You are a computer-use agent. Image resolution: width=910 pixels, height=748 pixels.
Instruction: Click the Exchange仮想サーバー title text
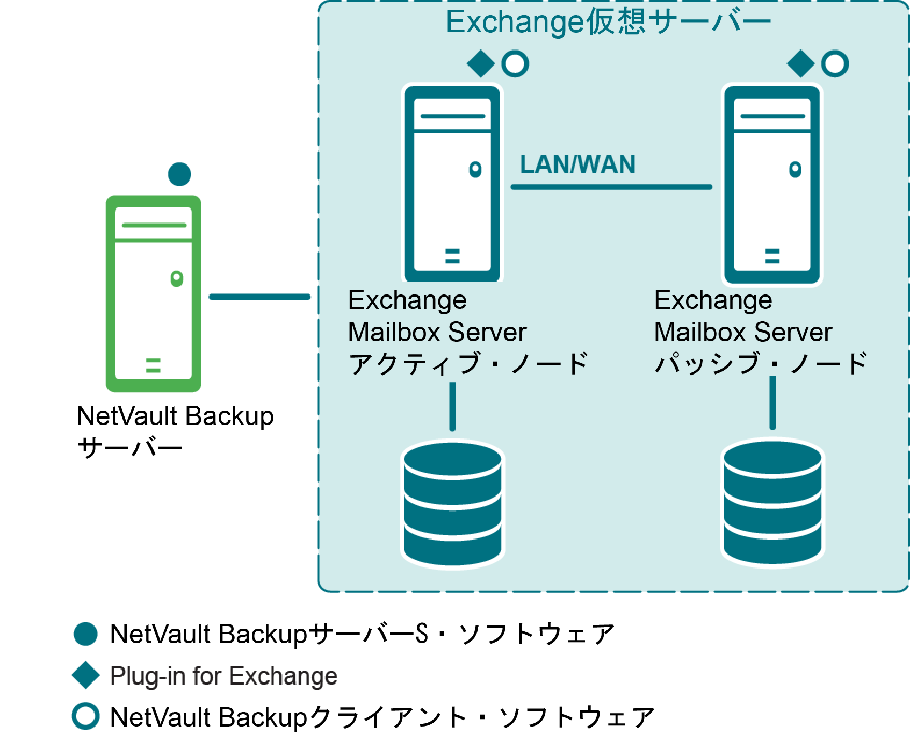pos(608,23)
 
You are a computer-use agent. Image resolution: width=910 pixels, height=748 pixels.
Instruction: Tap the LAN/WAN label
pos(577,164)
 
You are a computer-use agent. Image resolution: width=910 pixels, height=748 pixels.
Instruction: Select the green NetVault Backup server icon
pos(154,293)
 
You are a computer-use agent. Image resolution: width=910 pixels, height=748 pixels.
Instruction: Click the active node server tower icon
pos(452,183)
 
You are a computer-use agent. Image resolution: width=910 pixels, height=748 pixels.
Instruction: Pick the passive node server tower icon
pos(772,183)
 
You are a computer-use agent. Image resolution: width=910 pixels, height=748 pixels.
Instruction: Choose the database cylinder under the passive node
pos(772,503)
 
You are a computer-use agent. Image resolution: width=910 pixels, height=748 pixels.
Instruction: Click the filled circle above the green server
pos(179,174)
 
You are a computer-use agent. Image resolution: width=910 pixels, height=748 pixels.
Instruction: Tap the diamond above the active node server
pos(481,64)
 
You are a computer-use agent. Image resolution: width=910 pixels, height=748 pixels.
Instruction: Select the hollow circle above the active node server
pos(515,64)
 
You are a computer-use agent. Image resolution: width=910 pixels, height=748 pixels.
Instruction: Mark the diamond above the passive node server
pos(800,64)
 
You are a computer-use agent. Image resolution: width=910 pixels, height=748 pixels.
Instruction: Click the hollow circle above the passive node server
pos(835,64)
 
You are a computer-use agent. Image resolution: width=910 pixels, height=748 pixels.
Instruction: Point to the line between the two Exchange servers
pos(611,187)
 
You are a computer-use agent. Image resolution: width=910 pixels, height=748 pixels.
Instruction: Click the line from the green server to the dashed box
pos(259,297)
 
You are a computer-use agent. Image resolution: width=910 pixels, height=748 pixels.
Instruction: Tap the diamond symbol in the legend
pos(86,675)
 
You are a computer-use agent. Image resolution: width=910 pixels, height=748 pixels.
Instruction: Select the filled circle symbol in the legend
pos(86,634)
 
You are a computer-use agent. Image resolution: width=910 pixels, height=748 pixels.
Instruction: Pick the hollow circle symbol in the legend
pos(86,716)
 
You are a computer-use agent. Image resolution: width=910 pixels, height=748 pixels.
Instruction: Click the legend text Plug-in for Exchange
pos(223,676)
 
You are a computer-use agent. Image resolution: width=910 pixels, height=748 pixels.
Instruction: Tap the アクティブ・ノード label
pos(468,364)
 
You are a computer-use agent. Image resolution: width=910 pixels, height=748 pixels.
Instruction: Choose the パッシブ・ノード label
pos(760,364)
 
